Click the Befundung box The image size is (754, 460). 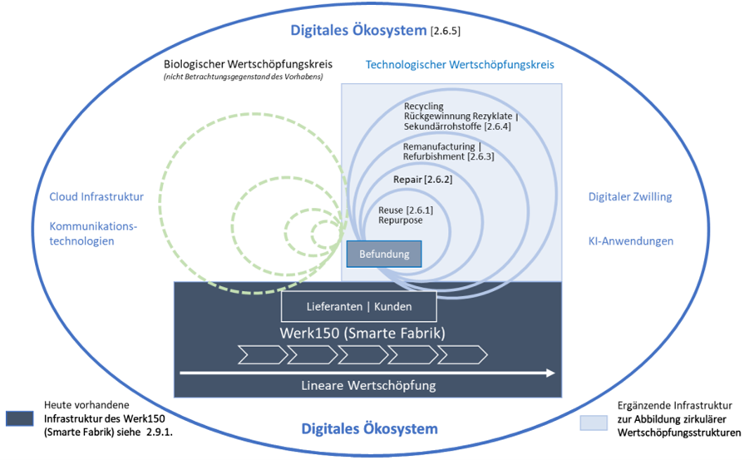click(x=383, y=254)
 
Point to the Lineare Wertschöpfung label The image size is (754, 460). click(x=367, y=385)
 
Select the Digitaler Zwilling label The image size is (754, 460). click(x=630, y=197)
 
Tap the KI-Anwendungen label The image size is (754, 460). click(x=630, y=241)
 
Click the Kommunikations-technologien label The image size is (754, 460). click(x=93, y=233)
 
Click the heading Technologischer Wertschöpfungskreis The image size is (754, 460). click(x=460, y=64)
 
